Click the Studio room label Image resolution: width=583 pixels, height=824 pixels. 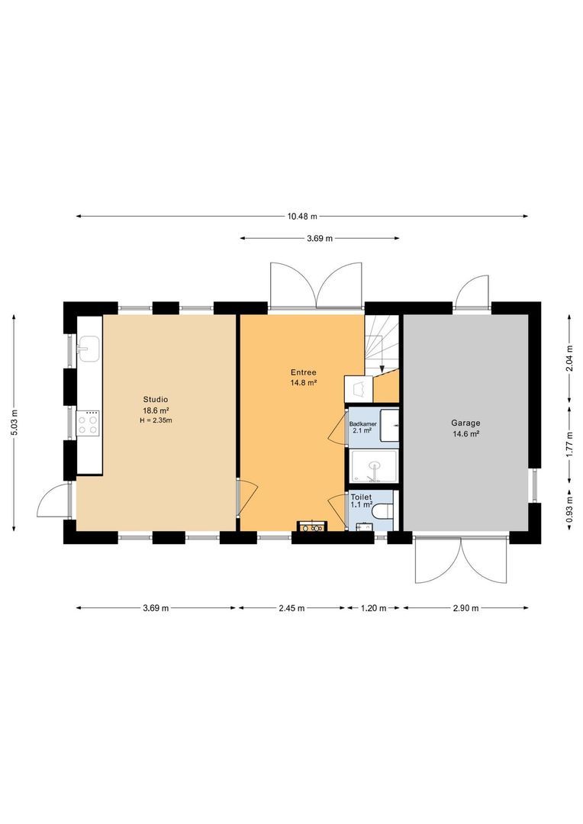pos(156,399)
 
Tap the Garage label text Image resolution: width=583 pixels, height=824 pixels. pos(465,423)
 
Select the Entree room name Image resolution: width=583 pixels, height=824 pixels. pos(304,372)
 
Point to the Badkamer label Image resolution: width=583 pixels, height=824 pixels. pos(362,423)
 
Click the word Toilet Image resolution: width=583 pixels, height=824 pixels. pos(361,497)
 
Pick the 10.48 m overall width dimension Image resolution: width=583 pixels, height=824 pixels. pos(302,216)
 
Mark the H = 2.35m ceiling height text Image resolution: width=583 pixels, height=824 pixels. pos(156,420)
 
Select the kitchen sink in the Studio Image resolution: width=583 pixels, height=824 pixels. pos(89,349)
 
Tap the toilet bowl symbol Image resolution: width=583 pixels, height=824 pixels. pos(382,510)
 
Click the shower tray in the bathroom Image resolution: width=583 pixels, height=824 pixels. pos(374,466)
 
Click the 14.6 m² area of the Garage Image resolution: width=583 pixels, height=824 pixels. pos(465,434)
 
